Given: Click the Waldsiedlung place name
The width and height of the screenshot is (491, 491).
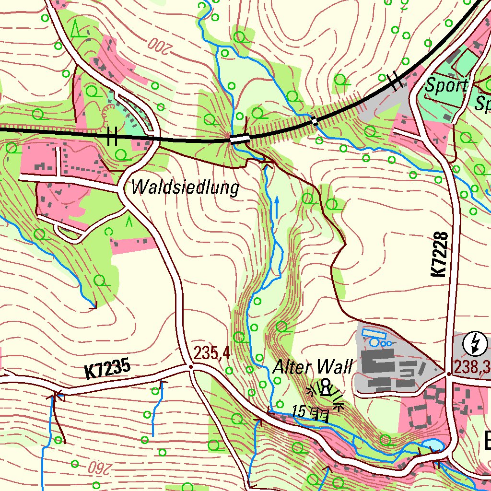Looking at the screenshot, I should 185,187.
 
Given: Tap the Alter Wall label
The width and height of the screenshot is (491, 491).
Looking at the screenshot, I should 312,367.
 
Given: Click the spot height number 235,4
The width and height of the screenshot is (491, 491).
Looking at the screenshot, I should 212,354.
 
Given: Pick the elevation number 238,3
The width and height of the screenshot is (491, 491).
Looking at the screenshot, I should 472,367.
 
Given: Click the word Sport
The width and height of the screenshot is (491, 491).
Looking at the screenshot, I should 446,85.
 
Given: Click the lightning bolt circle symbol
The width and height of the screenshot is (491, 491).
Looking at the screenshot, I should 476,343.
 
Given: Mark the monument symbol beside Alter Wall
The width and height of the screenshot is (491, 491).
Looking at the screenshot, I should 326,386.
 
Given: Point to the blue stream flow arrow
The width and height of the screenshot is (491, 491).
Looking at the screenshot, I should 277,207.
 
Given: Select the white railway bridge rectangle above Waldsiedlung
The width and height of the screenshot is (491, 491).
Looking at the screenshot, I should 240,139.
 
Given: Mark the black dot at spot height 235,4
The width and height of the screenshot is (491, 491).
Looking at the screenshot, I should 191,367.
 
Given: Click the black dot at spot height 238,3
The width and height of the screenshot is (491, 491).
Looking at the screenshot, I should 448,374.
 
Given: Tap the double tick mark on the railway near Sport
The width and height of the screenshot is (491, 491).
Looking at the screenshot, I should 395,81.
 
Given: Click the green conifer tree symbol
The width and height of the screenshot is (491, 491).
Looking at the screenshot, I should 76,30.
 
